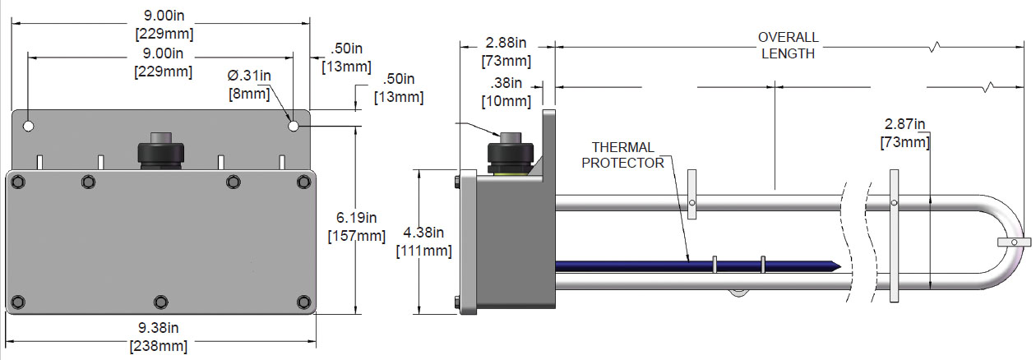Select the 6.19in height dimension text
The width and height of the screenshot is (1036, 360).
point(356,218)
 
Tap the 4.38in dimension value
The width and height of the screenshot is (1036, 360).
point(424,233)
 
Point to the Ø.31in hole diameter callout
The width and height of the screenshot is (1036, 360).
point(249,76)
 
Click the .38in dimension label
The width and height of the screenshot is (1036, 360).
point(506,83)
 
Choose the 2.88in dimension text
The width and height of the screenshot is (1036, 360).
point(506,43)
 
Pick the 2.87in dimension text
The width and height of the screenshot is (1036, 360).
point(906,124)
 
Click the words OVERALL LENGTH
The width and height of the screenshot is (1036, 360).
point(788,46)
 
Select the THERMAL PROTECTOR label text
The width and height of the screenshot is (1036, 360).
point(622,155)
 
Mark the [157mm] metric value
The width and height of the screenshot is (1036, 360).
point(356,236)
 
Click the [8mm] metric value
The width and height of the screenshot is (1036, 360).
point(249,93)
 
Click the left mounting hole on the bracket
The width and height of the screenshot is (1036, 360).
point(29,127)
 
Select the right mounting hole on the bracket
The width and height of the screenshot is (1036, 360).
point(294,127)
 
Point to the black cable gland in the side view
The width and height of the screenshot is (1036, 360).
point(511,151)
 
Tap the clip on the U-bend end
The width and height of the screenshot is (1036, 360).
point(1014,242)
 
